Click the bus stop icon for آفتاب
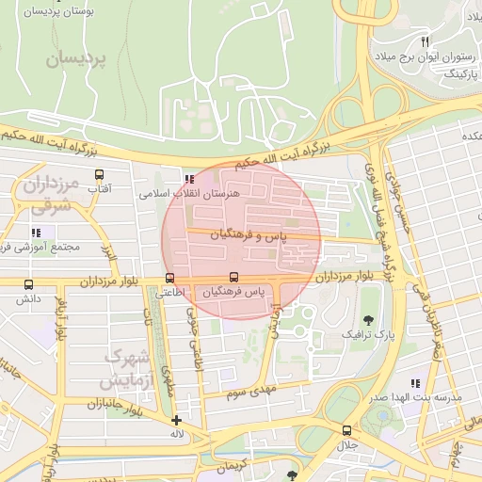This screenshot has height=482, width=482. click(x=99, y=174)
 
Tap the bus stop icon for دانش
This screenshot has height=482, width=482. click(x=28, y=284)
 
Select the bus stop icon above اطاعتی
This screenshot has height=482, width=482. click(x=169, y=278)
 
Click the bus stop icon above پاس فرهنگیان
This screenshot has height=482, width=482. click(x=233, y=277)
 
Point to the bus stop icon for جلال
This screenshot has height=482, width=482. click(x=346, y=430)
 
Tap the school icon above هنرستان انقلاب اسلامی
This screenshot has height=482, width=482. click(x=190, y=178)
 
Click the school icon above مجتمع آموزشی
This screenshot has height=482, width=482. click(x=36, y=232)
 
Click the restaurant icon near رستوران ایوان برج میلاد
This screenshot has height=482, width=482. click(x=425, y=42)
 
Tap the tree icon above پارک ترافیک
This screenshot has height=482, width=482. click(x=367, y=319)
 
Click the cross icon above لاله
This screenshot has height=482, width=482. click(x=176, y=420)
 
